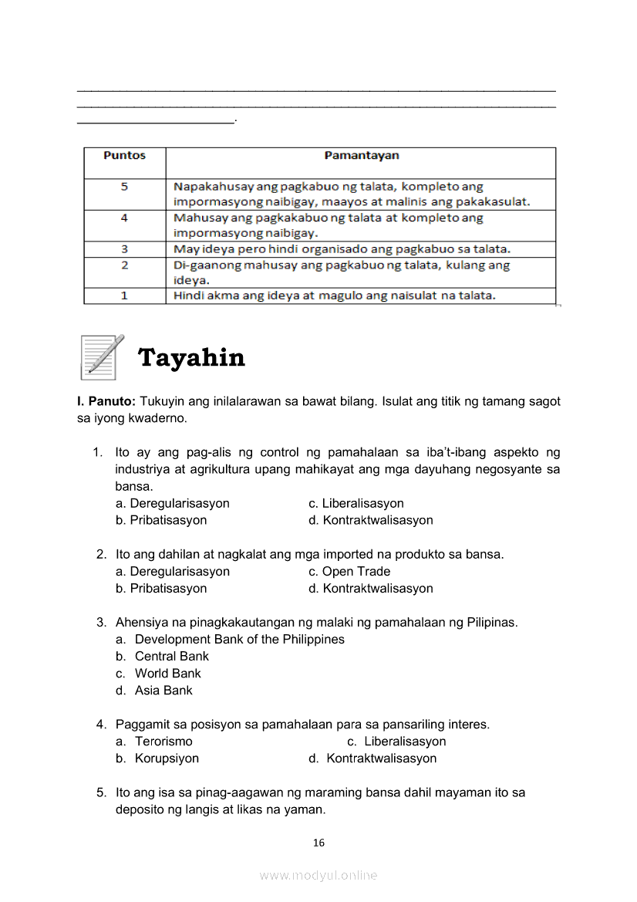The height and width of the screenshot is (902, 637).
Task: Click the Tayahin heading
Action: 191,358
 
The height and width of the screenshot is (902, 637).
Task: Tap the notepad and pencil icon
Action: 102,356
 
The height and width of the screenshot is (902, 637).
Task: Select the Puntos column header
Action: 124,156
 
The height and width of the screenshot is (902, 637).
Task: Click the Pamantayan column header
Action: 361,156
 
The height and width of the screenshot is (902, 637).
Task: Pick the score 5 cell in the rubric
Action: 124,187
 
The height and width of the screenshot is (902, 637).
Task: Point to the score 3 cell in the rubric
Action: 124,249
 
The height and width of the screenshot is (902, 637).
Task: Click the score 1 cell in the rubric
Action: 124,296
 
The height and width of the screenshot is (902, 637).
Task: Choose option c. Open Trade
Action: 349,572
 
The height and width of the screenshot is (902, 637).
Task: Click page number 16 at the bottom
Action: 318,843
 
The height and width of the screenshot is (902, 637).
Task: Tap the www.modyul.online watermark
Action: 318,876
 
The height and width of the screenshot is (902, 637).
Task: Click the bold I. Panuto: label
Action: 106,402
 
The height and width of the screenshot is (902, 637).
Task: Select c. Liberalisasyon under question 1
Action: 356,504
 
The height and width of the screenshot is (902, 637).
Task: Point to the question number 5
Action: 101,792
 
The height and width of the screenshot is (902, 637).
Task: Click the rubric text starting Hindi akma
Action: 335,296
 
